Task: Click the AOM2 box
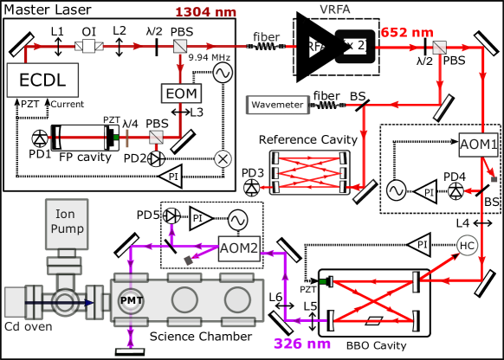[240, 247]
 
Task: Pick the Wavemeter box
[277, 105]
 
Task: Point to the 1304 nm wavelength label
[204, 11]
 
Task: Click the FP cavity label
[78, 158]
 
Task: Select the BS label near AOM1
[491, 201]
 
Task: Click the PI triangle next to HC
[420, 245]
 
